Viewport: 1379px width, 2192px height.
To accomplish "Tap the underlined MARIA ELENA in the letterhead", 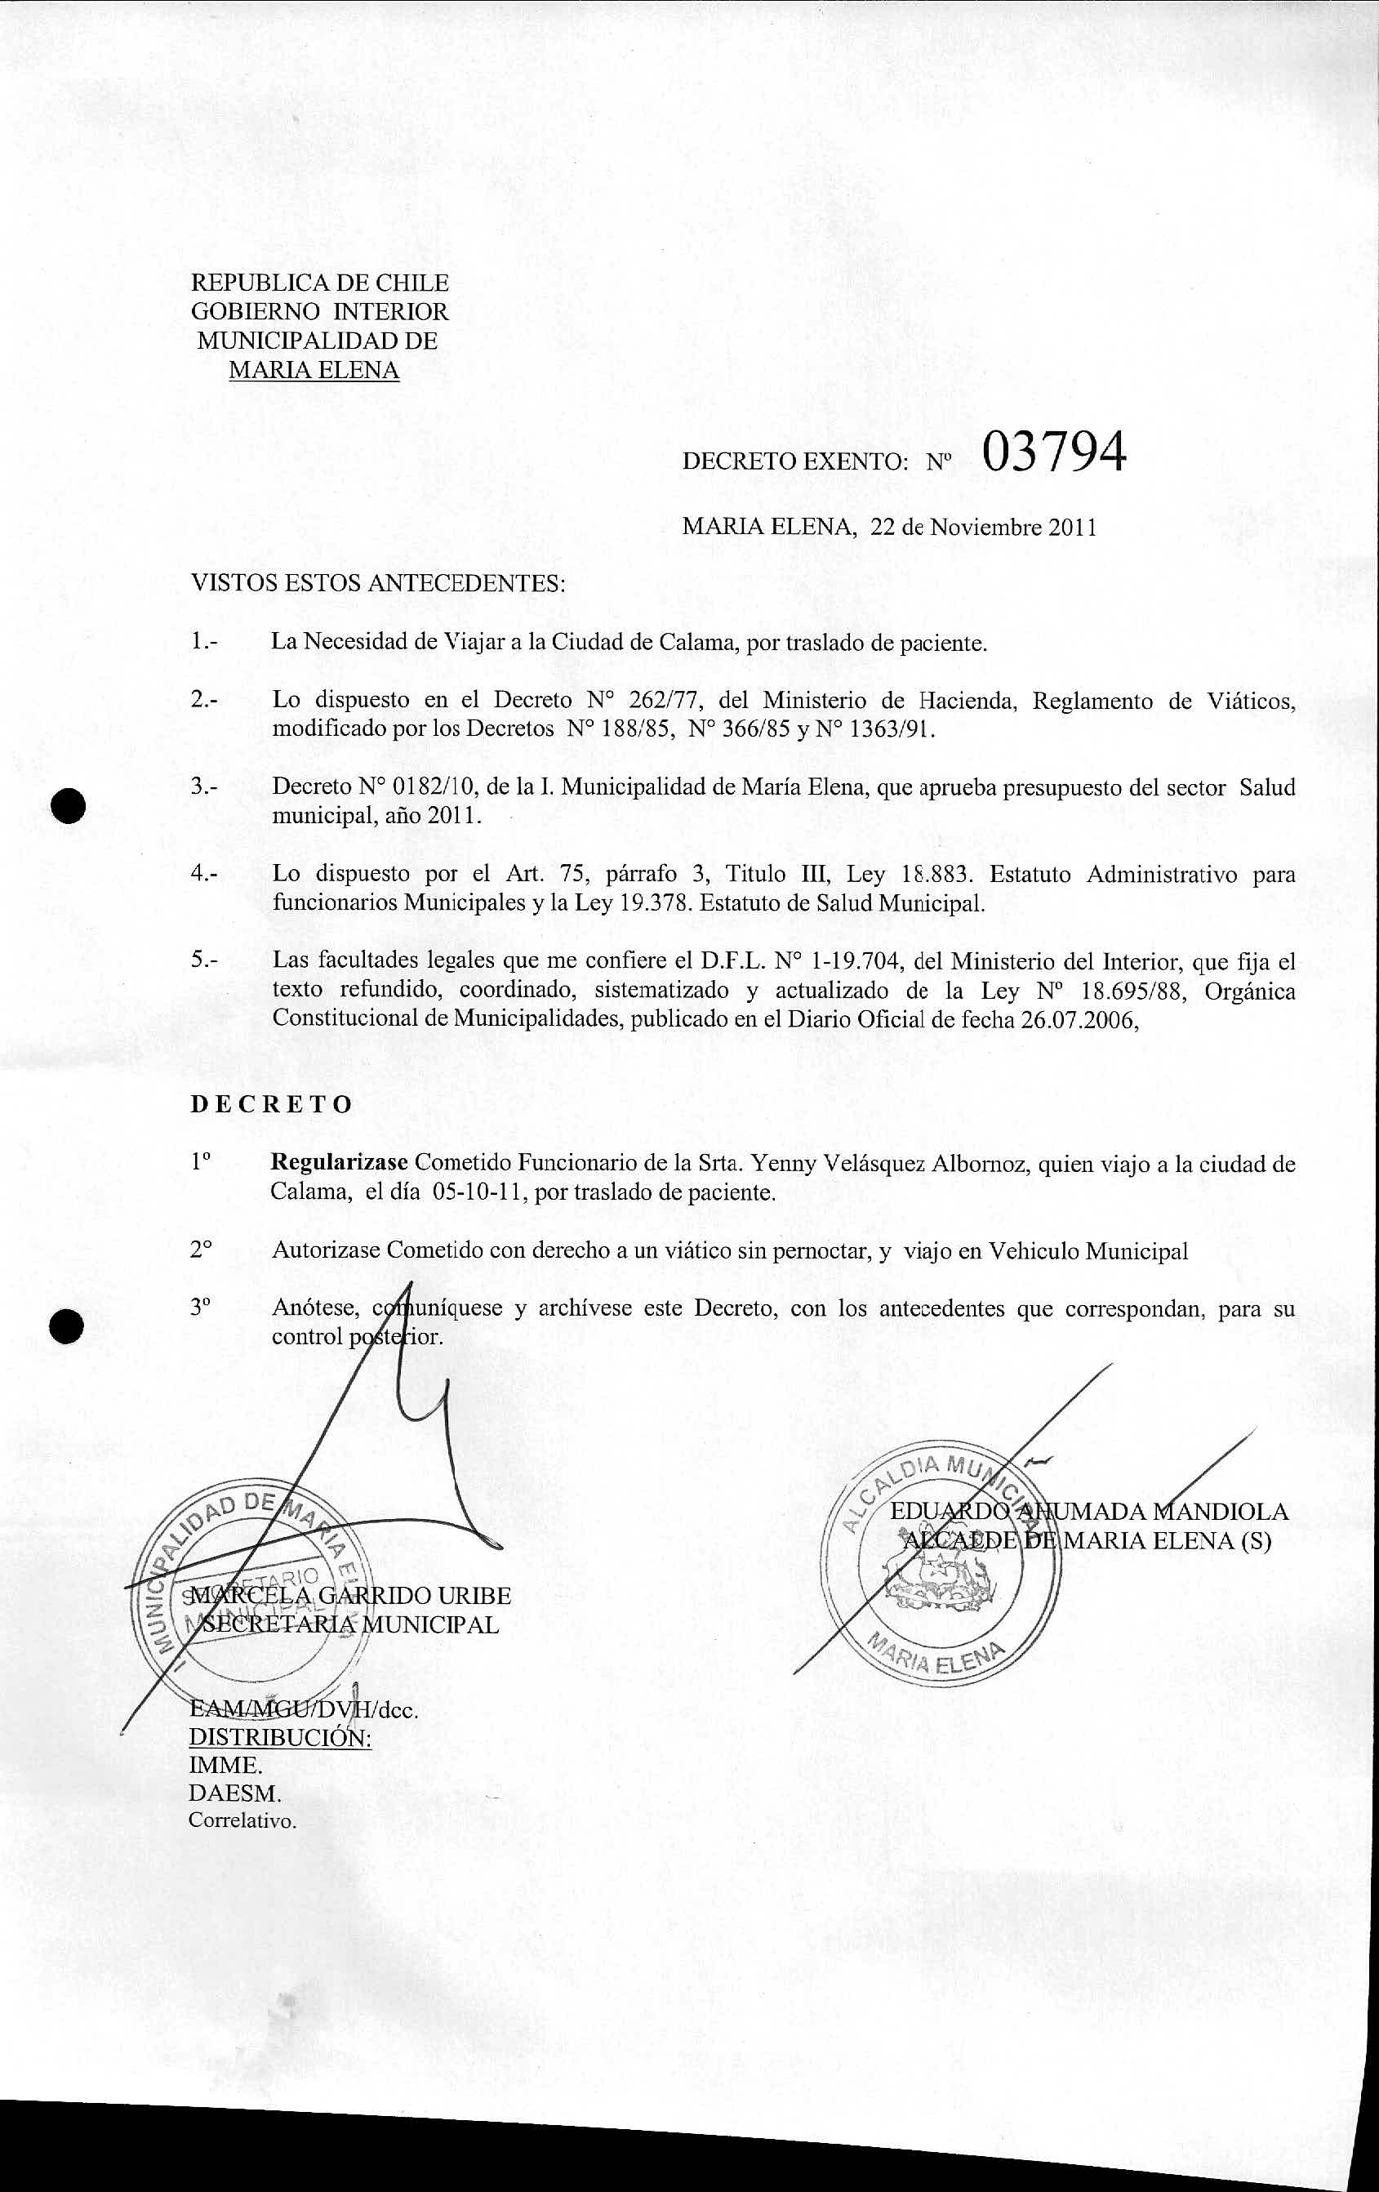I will (314, 371).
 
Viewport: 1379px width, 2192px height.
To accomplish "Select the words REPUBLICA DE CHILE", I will (319, 283).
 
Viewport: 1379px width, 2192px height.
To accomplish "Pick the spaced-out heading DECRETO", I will (270, 1105).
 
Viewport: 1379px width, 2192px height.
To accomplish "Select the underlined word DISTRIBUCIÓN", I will (279, 1738).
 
